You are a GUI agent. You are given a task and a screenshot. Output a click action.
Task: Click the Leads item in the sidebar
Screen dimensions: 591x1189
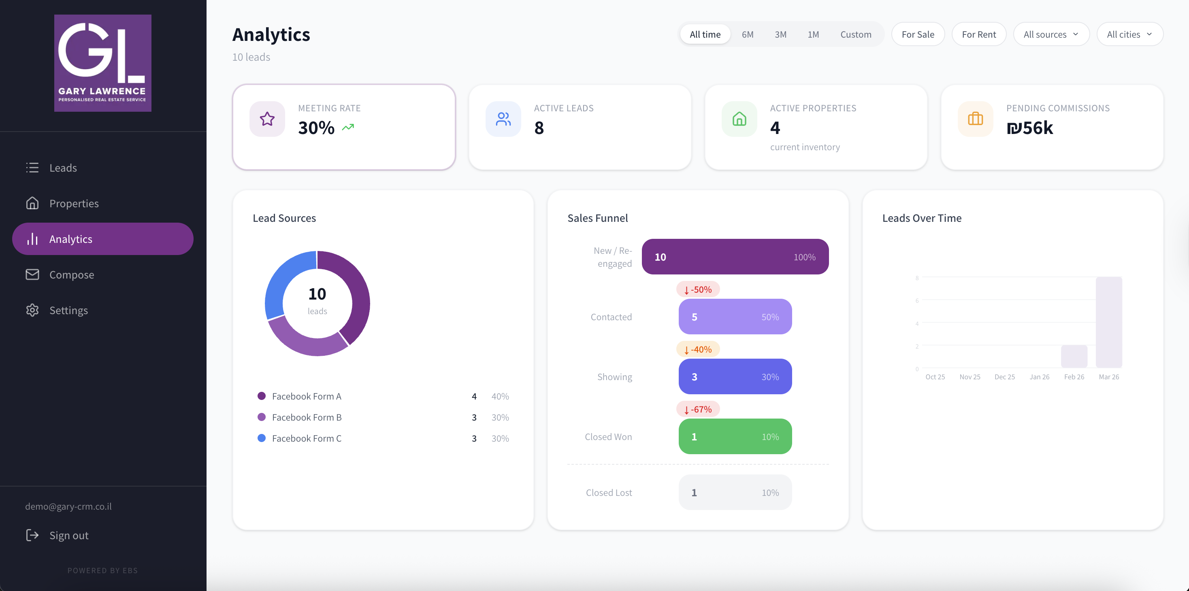click(x=63, y=168)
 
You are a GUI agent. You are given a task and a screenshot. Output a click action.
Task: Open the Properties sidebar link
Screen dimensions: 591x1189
click(x=73, y=204)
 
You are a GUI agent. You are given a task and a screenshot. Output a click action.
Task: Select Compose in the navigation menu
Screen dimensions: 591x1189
click(x=71, y=274)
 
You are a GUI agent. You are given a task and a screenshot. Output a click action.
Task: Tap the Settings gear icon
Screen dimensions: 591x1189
click(x=32, y=310)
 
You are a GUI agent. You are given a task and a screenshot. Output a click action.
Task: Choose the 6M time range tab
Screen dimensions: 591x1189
click(x=747, y=34)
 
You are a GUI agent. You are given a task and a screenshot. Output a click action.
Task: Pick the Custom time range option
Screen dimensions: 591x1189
click(x=855, y=34)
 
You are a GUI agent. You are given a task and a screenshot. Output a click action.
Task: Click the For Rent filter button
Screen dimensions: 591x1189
click(x=978, y=34)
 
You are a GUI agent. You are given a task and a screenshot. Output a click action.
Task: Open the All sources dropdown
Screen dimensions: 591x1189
click(x=1051, y=34)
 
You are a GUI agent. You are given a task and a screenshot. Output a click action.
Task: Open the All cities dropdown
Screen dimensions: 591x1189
click(x=1129, y=34)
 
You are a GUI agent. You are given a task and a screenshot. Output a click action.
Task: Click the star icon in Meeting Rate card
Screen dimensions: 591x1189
click(x=267, y=119)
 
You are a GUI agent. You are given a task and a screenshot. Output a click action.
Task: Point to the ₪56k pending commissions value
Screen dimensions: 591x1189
click(x=1030, y=128)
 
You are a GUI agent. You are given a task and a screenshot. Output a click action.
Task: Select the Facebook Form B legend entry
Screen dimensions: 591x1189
click(x=307, y=417)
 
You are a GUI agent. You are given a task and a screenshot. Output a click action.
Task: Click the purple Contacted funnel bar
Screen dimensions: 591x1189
click(x=735, y=317)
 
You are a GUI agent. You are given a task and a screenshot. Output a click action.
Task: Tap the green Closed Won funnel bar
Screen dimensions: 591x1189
click(x=735, y=436)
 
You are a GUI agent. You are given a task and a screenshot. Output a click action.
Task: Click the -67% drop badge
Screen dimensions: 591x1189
click(x=698, y=409)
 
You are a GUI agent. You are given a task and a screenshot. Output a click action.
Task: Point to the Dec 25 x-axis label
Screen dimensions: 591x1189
click(x=1004, y=377)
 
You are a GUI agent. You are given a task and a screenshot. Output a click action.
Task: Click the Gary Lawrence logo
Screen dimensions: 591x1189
click(x=102, y=63)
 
